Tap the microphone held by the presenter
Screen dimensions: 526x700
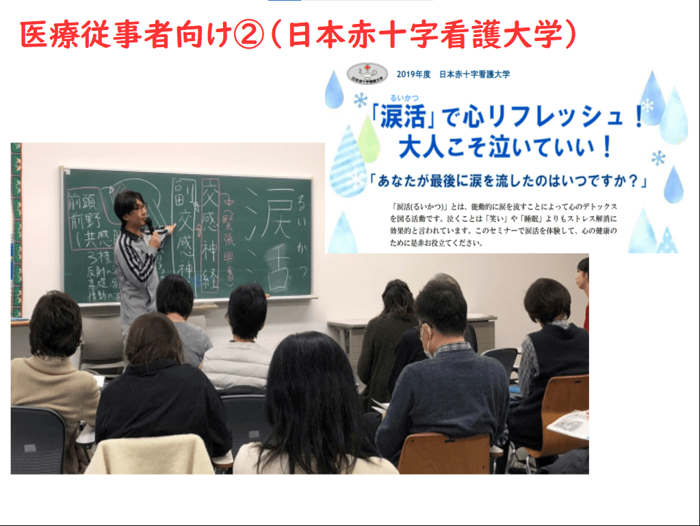tap(150, 225)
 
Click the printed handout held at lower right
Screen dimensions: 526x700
tap(569, 424)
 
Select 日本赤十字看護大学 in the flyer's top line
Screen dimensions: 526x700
tap(474, 74)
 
